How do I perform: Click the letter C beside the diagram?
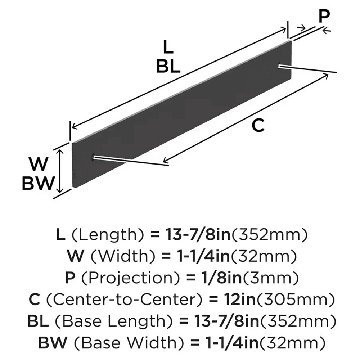[258, 126]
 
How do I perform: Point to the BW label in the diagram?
[39, 184]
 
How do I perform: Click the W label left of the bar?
[39, 165]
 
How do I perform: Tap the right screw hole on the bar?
[280, 65]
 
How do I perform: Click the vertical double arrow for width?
[62, 171]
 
